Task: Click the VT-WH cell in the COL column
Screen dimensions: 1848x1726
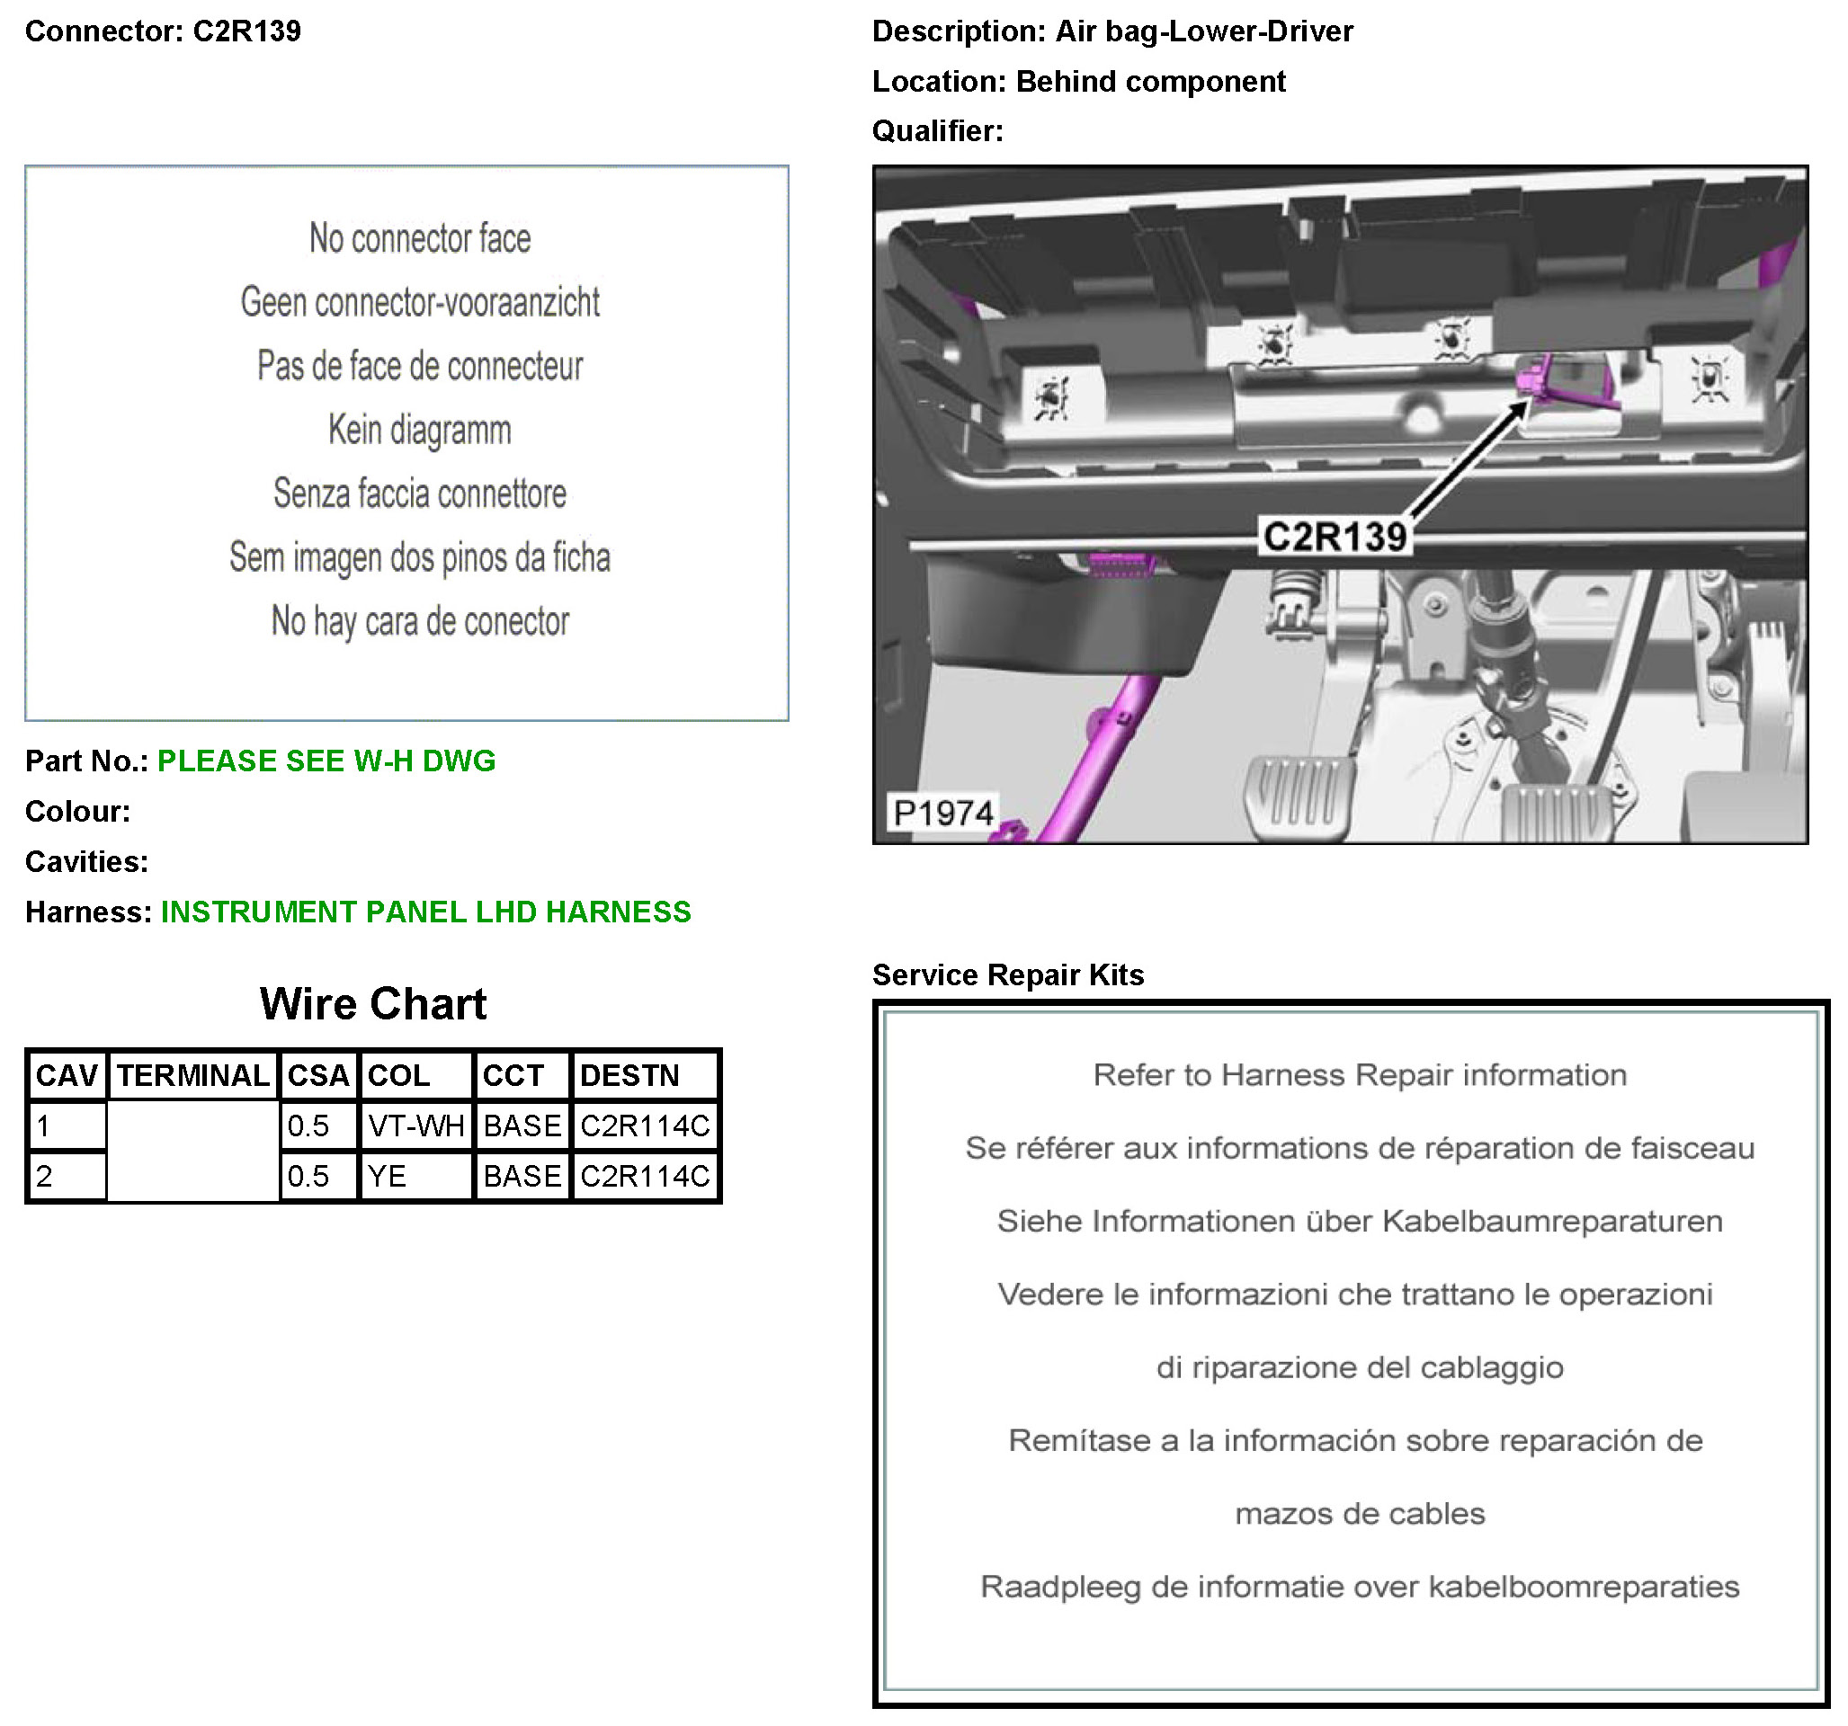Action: tap(415, 1125)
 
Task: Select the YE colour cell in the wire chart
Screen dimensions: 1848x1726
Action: tap(415, 1176)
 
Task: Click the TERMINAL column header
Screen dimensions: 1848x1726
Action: tap(192, 1075)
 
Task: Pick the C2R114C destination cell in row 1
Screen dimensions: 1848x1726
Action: tap(644, 1125)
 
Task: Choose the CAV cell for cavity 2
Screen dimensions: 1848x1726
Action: tap(66, 1176)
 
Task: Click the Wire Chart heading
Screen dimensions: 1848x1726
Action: tap(373, 1004)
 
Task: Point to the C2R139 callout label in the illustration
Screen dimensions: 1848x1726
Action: tap(1335, 537)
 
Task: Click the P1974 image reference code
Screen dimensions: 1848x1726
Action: tap(942, 813)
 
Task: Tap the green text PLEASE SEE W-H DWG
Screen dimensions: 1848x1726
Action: tap(326, 761)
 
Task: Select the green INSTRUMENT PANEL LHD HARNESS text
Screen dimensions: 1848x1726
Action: tap(425, 912)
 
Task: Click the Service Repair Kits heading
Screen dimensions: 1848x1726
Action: tap(1008, 975)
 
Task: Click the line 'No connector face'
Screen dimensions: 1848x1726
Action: tap(420, 239)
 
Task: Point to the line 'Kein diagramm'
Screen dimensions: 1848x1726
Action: tap(420, 431)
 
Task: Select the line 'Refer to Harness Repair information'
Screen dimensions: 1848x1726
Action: tap(1360, 1075)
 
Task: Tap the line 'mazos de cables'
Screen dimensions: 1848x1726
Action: tap(1360, 1513)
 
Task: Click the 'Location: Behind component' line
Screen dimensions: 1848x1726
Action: tap(1078, 82)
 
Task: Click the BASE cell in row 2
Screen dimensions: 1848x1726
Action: tap(522, 1176)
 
